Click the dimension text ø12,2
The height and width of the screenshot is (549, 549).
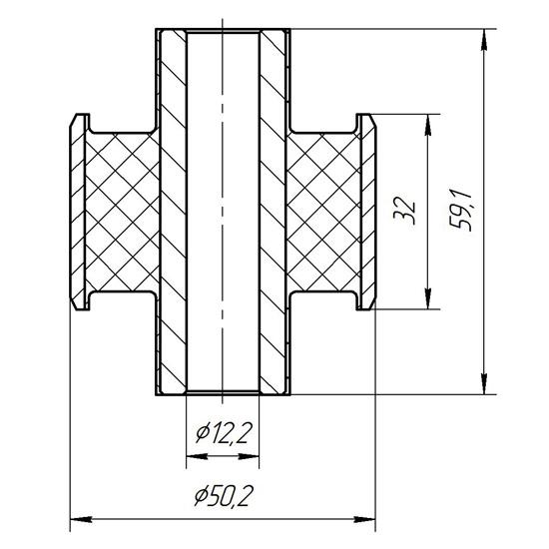[x=224, y=433]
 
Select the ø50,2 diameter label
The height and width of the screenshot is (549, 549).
[x=223, y=496]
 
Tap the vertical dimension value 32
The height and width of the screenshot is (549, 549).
[x=404, y=212]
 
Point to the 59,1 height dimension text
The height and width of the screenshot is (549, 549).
[x=461, y=211]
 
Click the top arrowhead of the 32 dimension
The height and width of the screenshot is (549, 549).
[x=427, y=125]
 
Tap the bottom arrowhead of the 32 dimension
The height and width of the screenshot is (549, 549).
[x=427, y=298]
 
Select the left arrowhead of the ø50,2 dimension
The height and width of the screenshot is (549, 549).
[x=81, y=520]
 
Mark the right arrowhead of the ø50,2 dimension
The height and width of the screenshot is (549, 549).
[x=364, y=520]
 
